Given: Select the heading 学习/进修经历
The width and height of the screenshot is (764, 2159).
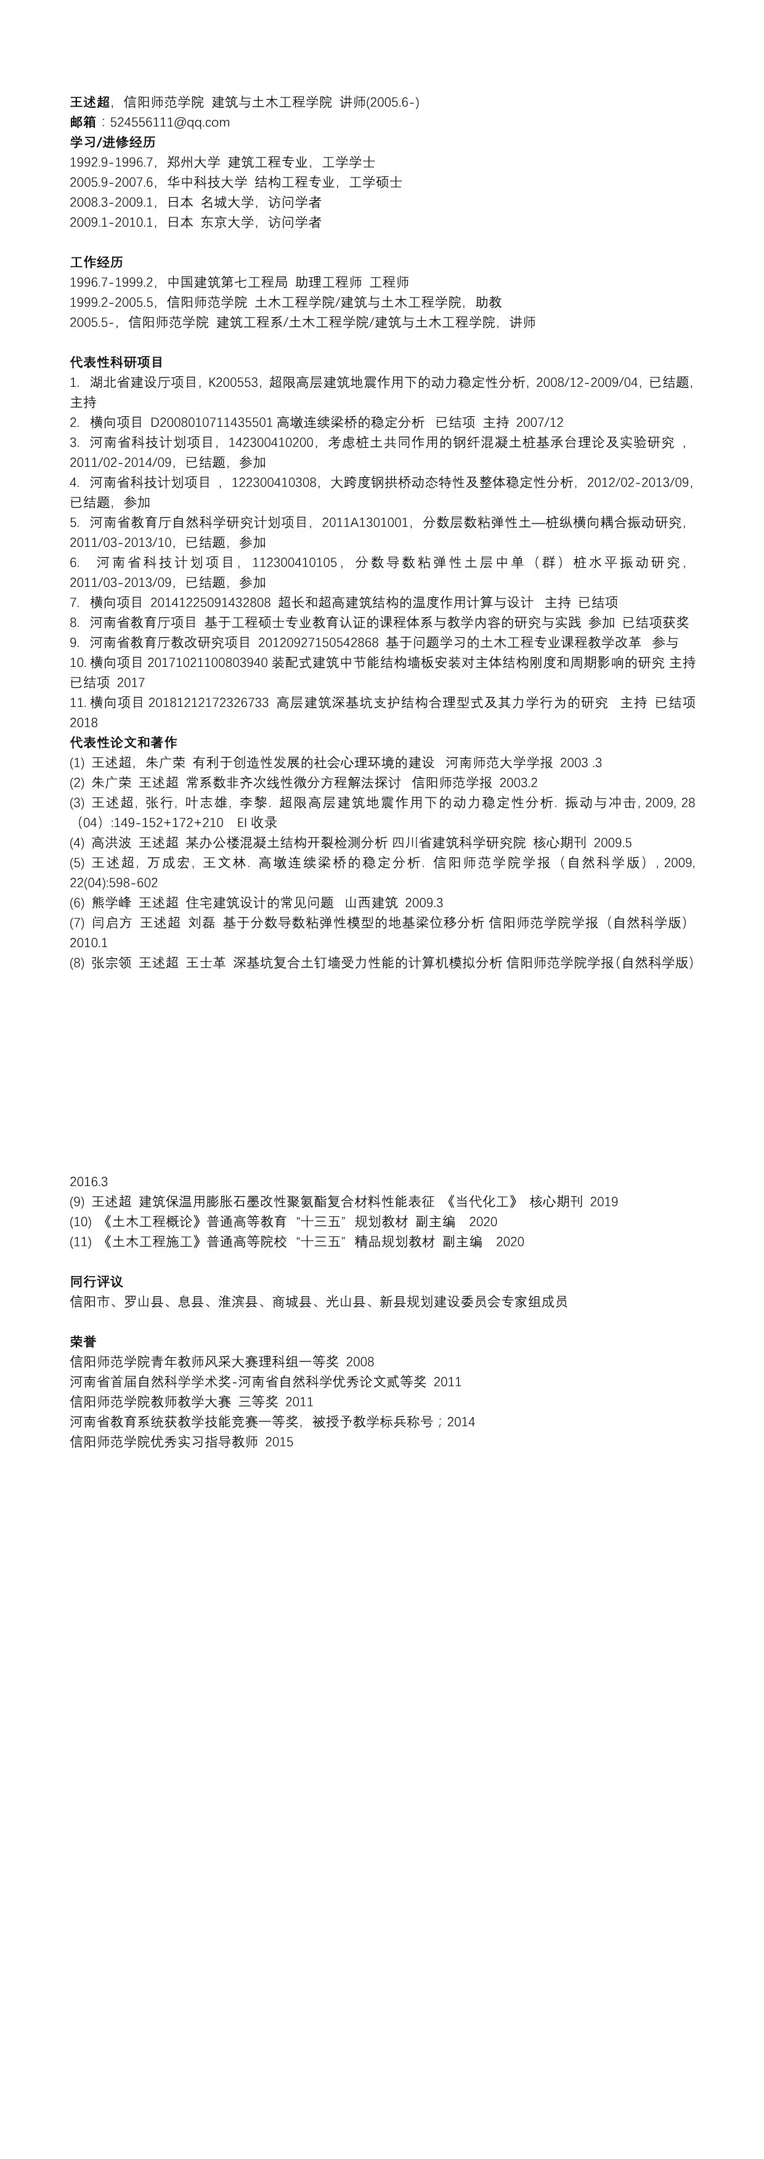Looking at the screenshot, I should point(112,142).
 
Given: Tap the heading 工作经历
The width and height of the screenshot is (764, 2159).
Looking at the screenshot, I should point(97,262).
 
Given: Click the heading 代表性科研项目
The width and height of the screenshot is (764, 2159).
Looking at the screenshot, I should point(116,362).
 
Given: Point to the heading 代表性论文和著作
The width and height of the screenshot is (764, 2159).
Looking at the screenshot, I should point(123,743).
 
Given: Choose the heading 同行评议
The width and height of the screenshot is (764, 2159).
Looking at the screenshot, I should point(97,1281).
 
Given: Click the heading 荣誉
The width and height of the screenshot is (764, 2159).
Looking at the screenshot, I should point(83,1342).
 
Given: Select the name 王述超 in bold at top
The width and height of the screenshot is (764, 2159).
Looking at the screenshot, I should point(90,102).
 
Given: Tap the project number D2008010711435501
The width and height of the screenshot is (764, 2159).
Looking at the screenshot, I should point(211,422).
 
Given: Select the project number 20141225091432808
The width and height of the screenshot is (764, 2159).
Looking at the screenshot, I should point(211,603).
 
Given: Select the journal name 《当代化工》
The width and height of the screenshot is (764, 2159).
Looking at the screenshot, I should point(486,1202).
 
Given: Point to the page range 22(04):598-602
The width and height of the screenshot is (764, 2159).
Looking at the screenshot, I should point(114,882).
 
